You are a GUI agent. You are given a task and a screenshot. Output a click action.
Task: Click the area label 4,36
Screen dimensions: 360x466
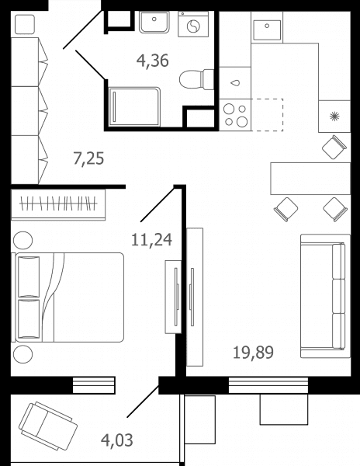[153, 61]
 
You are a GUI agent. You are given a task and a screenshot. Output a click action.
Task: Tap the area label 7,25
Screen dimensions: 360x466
[88, 158]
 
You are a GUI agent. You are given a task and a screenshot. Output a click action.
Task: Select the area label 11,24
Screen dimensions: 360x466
[151, 239]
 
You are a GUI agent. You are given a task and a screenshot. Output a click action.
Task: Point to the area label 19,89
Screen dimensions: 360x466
[253, 353]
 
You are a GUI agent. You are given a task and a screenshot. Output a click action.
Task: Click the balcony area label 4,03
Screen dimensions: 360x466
[117, 440]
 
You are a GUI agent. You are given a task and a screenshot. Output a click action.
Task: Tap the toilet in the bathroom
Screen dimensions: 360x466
[196, 79]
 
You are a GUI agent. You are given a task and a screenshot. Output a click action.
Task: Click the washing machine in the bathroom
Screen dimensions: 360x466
[193, 24]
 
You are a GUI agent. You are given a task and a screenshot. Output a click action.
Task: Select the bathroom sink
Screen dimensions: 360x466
[154, 23]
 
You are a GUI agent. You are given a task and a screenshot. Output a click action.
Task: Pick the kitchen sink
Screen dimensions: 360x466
[267, 30]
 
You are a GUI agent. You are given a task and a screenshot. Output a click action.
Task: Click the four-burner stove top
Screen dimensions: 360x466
[235, 115]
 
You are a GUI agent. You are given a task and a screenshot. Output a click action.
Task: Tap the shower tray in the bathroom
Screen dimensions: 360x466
[135, 106]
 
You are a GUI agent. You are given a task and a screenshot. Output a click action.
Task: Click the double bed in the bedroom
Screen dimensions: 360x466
[67, 297]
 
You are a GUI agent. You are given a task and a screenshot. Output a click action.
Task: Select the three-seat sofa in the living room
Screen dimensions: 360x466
[326, 296]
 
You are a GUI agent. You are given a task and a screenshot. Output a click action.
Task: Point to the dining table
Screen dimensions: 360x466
[310, 179]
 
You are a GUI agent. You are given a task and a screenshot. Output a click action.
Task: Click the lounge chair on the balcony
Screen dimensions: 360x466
[48, 426]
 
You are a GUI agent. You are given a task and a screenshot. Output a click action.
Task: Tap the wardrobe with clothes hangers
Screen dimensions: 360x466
[58, 204]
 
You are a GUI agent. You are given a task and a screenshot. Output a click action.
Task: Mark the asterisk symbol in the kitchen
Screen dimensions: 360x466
[334, 116]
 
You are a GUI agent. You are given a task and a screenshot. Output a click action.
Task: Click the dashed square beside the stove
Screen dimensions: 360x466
[267, 115]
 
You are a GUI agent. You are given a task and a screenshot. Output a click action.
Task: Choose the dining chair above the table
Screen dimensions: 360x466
[334, 147]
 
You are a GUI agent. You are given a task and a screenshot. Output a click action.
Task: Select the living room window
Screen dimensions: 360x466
[268, 385]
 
